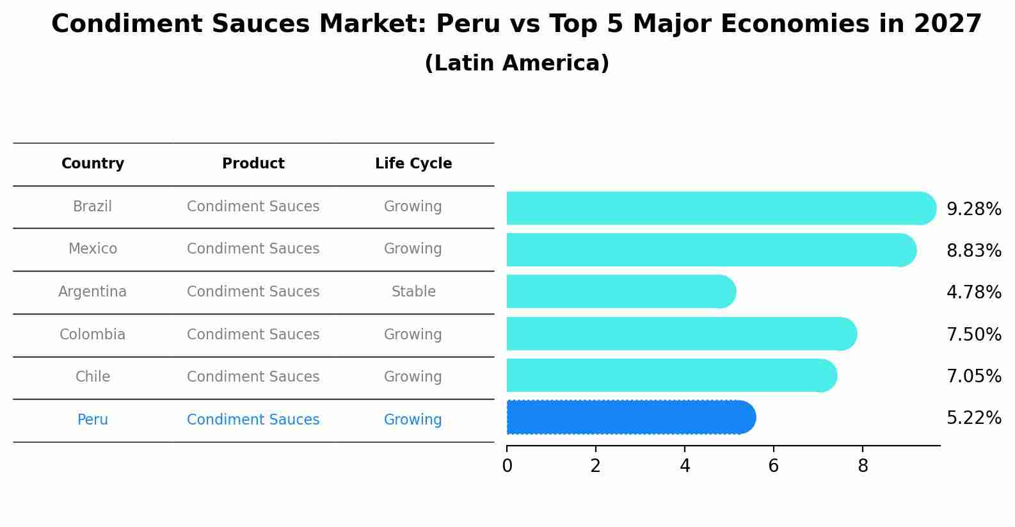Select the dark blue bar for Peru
pyautogui.click(x=630, y=418)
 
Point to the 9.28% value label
pyautogui.click(x=973, y=209)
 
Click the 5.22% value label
pyautogui.click(x=973, y=418)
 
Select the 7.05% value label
pyautogui.click(x=973, y=377)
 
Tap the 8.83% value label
pyautogui.click(x=973, y=251)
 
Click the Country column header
pyautogui.click(x=93, y=164)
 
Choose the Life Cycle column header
pyautogui.click(x=413, y=164)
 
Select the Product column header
pyautogui.click(x=253, y=164)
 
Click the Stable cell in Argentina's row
pyautogui.click(x=413, y=292)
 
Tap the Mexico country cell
pyautogui.click(x=93, y=249)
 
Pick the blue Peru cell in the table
pyautogui.click(x=93, y=420)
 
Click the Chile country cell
pyautogui.click(x=93, y=377)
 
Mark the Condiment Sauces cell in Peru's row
pyautogui.click(x=253, y=420)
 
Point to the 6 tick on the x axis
pyautogui.click(x=774, y=466)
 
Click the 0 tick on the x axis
pyautogui.click(x=507, y=466)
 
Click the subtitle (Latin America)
pyautogui.click(x=516, y=63)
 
